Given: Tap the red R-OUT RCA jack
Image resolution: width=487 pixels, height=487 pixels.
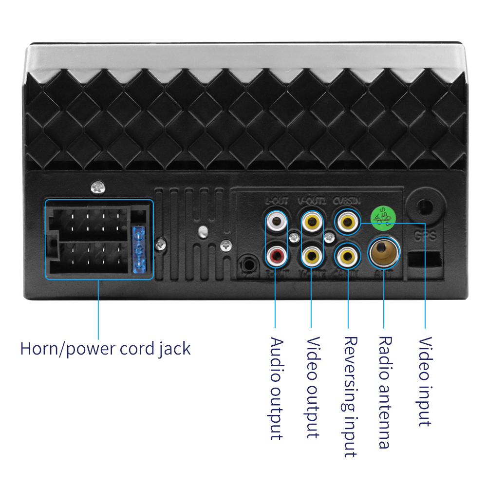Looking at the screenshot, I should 276,254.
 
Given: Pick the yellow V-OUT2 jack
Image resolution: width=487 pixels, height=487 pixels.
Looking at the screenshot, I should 312,254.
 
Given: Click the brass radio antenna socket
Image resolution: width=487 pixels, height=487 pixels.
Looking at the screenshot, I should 384,252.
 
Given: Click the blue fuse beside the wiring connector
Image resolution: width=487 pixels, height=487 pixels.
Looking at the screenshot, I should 139,248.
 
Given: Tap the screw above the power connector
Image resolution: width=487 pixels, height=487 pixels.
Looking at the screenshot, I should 98,186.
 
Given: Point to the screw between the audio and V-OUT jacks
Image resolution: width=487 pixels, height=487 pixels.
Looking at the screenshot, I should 293,238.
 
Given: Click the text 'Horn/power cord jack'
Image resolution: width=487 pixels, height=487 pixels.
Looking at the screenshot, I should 105,349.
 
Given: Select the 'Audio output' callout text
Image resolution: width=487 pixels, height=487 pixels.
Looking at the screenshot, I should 276,388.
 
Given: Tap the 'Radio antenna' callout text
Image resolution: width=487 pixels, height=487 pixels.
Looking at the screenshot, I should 385,392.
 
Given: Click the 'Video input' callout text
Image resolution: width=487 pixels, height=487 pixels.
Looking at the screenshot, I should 425,381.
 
